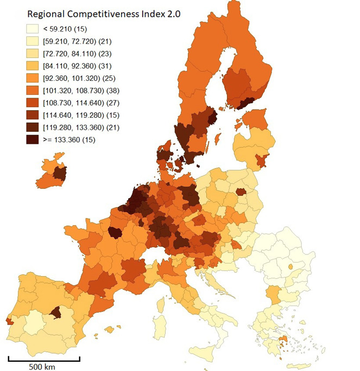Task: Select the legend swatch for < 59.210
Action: point(31,28)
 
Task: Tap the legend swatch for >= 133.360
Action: point(31,139)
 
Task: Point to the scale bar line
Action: point(44,358)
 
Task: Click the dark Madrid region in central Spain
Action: point(55,312)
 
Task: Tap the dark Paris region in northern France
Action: point(115,233)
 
